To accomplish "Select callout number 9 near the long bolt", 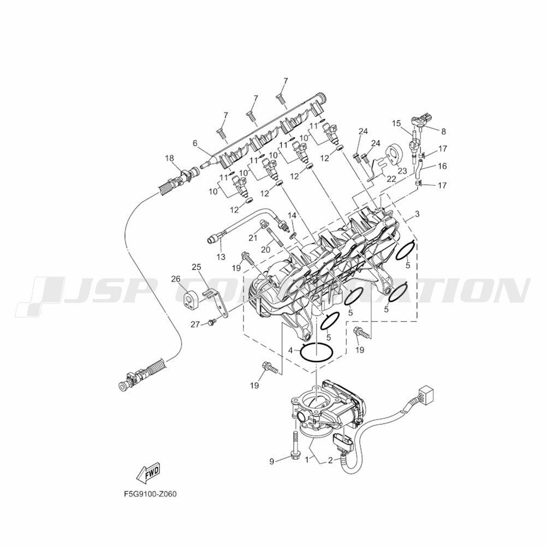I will [x=271, y=461].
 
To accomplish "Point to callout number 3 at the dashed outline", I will [x=417, y=213].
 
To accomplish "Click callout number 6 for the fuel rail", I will [x=195, y=143].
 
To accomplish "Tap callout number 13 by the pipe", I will [x=221, y=257].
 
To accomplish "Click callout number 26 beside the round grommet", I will [x=175, y=279].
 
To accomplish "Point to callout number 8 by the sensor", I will [x=443, y=131].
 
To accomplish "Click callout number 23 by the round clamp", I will [x=402, y=170].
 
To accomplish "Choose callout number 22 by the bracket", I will [x=391, y=178].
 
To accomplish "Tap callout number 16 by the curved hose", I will [x=442, y=165].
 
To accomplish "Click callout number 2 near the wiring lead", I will [x=330, y=461].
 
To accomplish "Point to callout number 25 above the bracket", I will [x=197, y=266].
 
